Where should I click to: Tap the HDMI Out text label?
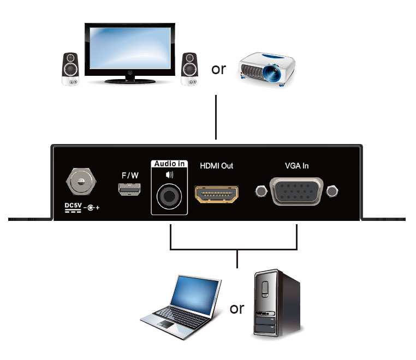coord(216,166)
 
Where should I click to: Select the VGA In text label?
coord(296,166)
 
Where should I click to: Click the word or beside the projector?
coord(218,70)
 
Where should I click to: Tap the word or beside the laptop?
coord(237,308)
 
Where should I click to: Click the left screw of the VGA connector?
coord(261,191)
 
